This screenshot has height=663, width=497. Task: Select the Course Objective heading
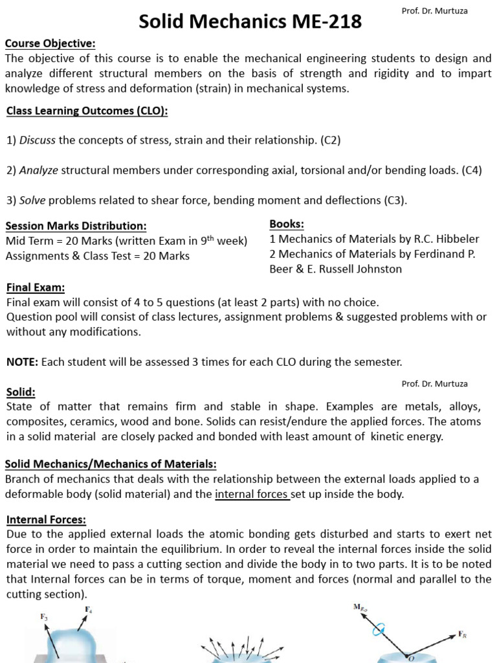(50, 43)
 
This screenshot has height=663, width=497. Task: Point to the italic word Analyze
(39, 170)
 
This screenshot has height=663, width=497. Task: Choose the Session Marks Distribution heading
(76, 226)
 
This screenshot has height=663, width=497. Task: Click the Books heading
(287, 224)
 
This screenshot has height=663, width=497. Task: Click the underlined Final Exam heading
(36, 287)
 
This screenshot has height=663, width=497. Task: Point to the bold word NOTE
(21, 361)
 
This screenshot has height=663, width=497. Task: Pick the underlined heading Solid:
(21, 392)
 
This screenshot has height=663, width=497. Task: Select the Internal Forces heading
(46, 520)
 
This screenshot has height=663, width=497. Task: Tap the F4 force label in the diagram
(88, 609)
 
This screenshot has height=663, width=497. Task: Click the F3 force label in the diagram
(44, 618)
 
